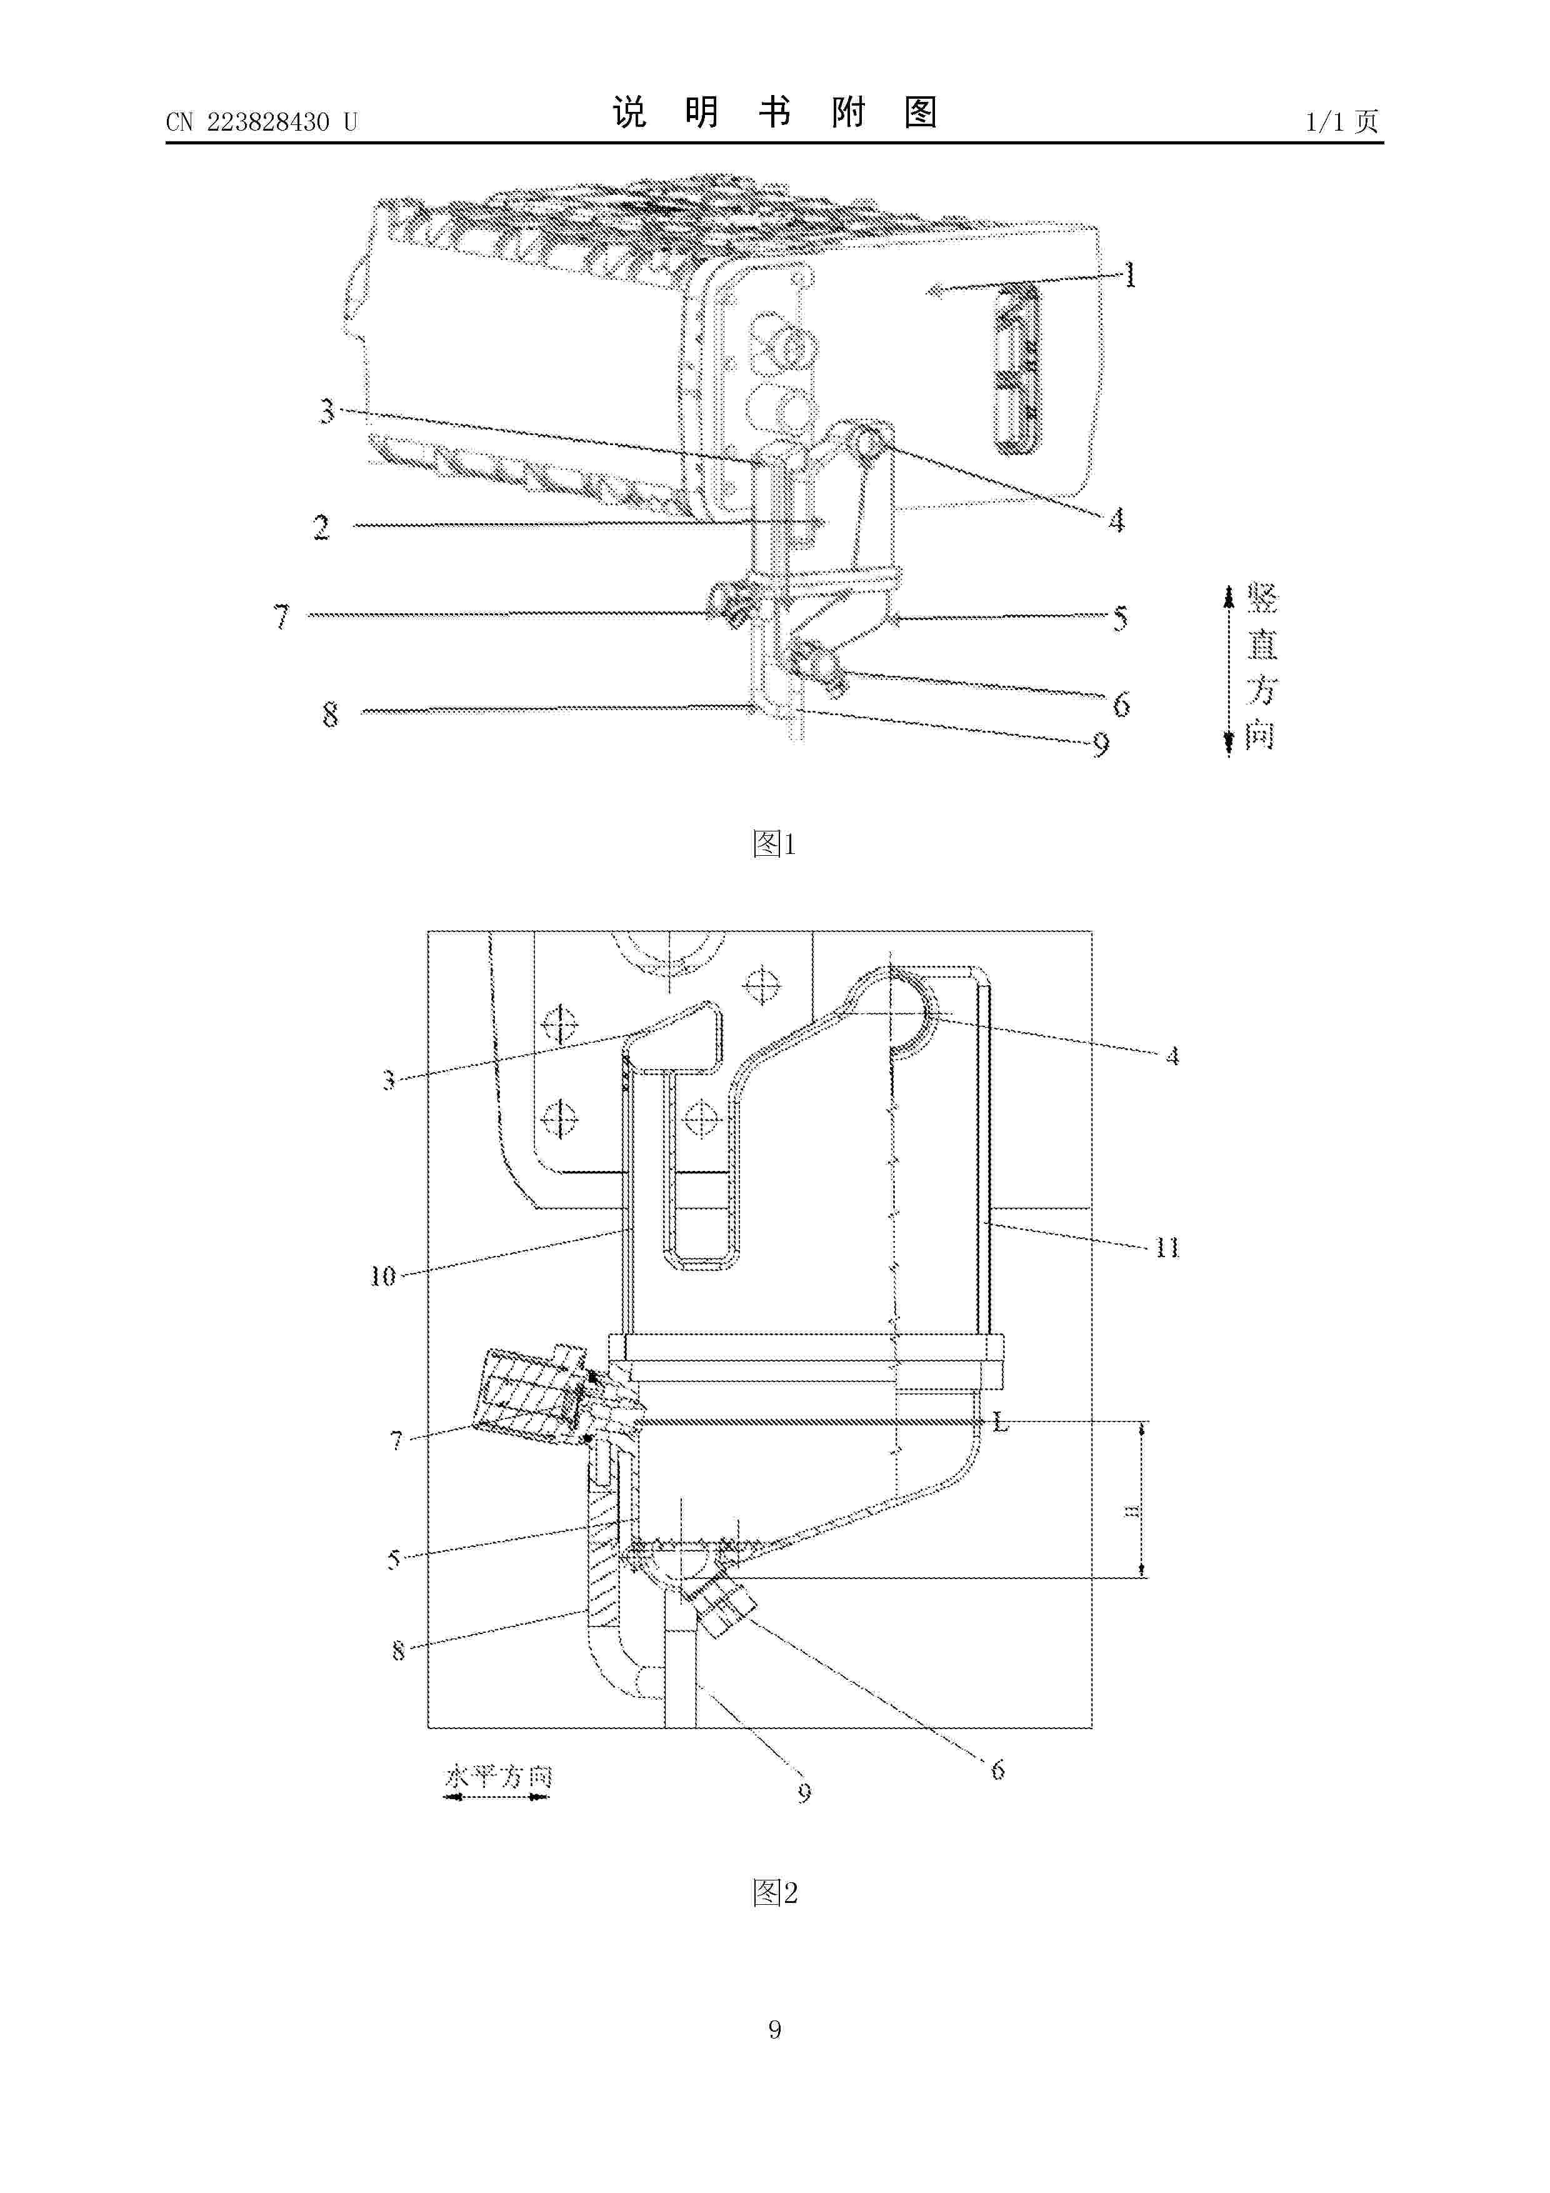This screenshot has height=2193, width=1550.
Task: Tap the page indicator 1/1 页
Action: point(1342,121)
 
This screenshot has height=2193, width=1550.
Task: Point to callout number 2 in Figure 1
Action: point(322,526)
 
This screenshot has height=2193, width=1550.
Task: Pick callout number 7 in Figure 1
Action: point(282,616)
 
